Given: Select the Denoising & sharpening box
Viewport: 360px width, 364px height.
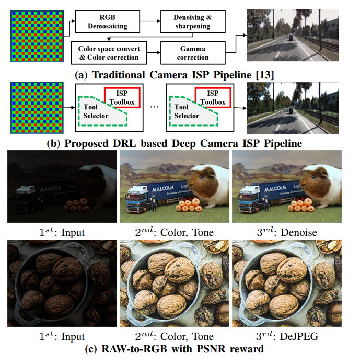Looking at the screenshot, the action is pyautogui.click(x=192, y=21).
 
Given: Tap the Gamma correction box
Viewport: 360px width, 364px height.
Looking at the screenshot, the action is pyautogui.click(x=192, y=53).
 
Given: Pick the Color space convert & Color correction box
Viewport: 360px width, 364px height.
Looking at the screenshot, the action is pyautogui.click(x=109, y=53).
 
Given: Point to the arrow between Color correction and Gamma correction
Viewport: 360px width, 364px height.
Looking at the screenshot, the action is pyautogui.click(x=154, y=53).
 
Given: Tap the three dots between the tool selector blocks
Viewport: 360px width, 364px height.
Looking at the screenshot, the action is pyautogui.click(x=154, y=107).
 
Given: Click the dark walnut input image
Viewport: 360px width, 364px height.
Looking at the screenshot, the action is pyautogui.click(x=62, y=282).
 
